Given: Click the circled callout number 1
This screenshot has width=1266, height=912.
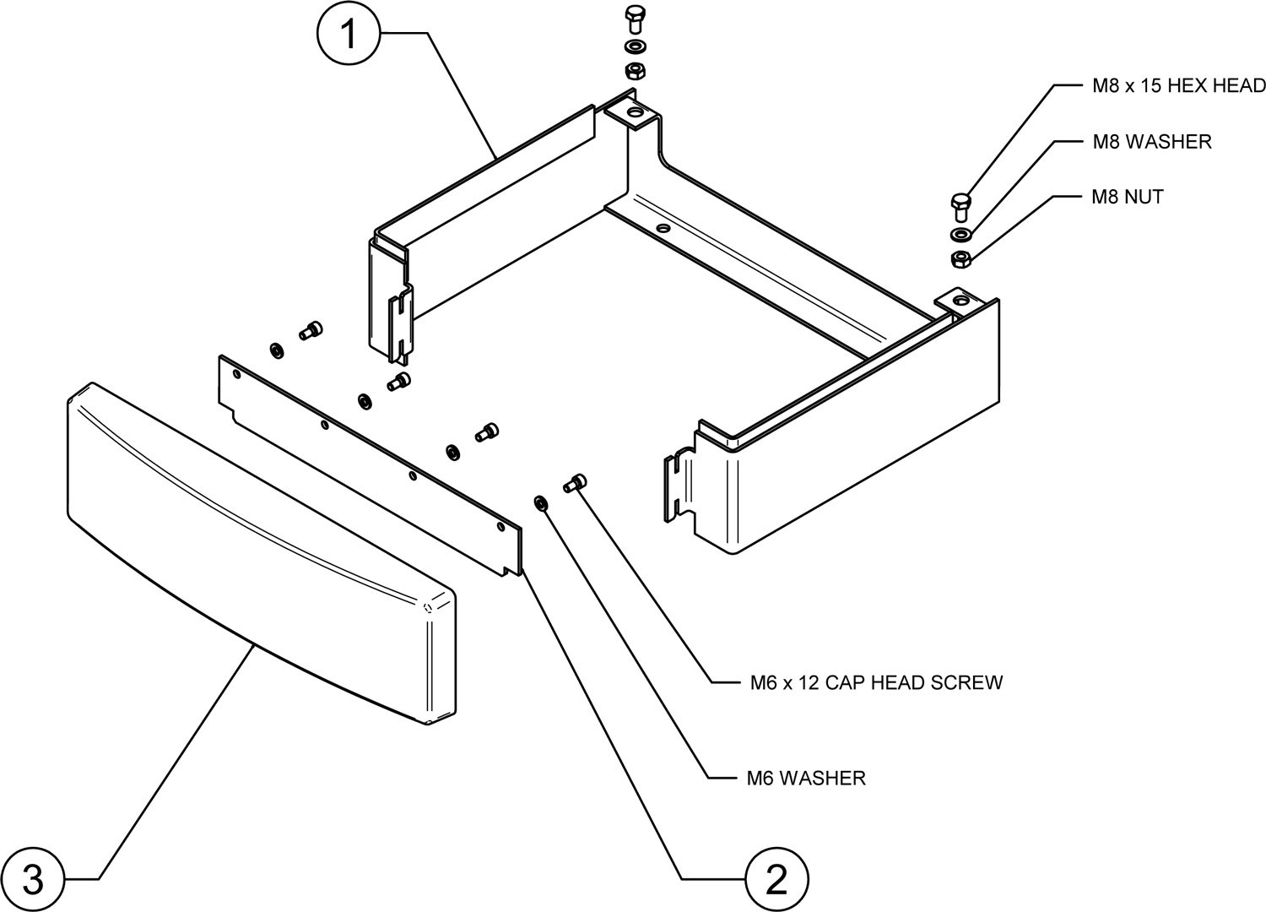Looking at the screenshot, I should tap(349, 35).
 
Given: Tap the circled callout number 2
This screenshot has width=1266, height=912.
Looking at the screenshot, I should tap(776, 878).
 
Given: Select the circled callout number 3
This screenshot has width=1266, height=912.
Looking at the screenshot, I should tap(31, 878).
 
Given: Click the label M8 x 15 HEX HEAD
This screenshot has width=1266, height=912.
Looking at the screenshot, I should tap(1174, 85).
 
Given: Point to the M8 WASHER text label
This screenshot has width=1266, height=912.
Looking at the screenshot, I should tap(1152, 142).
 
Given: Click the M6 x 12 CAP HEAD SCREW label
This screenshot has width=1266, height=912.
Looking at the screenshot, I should tap(876, 682).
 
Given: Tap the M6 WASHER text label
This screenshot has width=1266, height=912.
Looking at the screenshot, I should tap(806, 778).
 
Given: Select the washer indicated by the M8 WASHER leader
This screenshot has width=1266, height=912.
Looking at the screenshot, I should tap(960, 234).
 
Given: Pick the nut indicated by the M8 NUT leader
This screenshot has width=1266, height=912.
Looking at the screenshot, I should tap(960, 258).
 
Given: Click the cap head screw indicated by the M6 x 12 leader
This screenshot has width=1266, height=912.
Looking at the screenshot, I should tap(576, 483).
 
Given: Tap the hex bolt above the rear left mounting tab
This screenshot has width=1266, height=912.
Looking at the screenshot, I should tap(635, 19).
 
